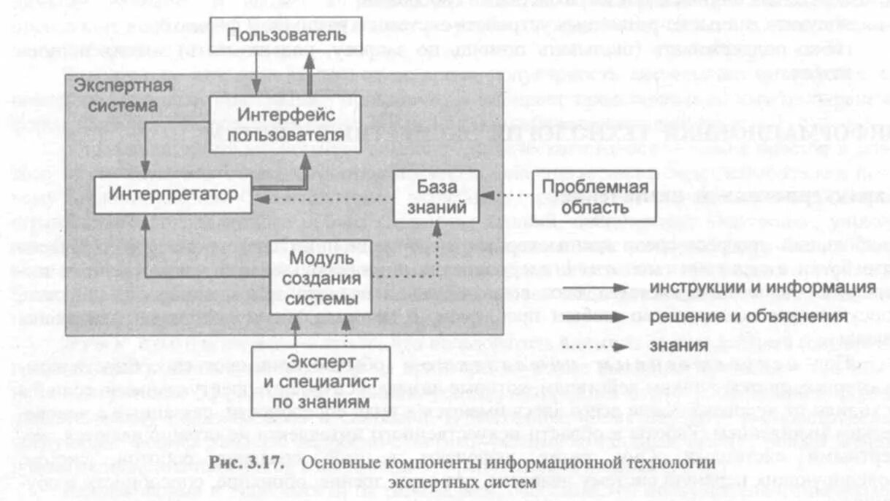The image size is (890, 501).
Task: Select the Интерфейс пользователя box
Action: tap(286, 125)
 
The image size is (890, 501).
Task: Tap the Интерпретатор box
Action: tap(174, 194)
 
